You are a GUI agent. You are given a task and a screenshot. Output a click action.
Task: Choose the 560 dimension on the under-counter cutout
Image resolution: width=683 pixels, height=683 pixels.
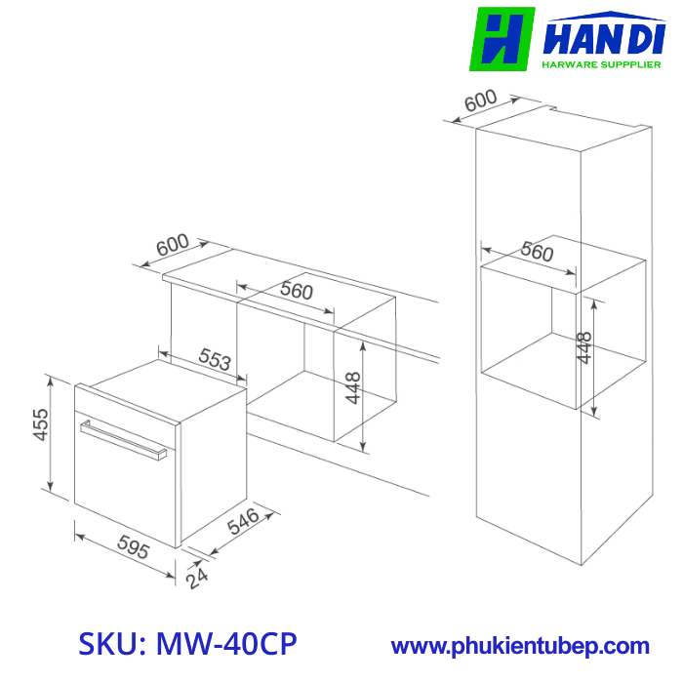pos(296,291)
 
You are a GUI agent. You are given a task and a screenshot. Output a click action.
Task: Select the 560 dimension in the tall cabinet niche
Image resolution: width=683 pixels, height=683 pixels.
pos(536,251)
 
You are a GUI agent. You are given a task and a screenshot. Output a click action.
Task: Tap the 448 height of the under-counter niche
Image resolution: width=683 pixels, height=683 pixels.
pos(353,388)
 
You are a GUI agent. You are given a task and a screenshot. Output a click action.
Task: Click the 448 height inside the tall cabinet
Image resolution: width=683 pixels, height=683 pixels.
pos(584,348)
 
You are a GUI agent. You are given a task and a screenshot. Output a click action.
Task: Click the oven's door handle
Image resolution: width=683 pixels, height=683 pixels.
pos(122,439)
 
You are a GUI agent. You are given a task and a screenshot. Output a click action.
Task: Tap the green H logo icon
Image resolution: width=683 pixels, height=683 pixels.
pos(502,39)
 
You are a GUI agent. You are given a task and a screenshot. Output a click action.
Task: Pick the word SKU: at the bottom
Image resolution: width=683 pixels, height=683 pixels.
pos(111,645)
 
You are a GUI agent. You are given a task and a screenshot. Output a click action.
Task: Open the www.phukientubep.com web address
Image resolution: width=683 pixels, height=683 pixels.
pos(520,646)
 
